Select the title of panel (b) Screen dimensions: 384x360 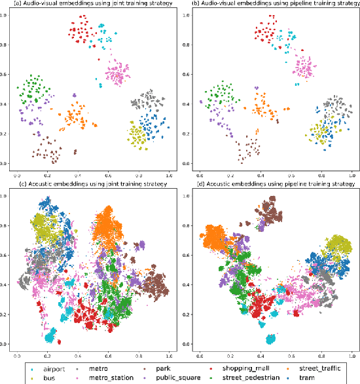click(271, 3)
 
